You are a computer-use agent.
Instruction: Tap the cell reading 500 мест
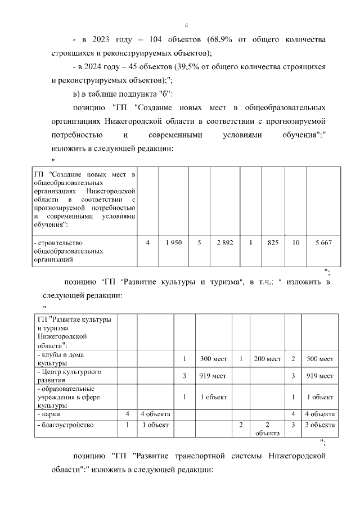click(x=319, y=359)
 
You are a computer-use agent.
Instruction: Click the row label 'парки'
click(x=46, y=415)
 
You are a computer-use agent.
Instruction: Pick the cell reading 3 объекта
click(x=319, y=425)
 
